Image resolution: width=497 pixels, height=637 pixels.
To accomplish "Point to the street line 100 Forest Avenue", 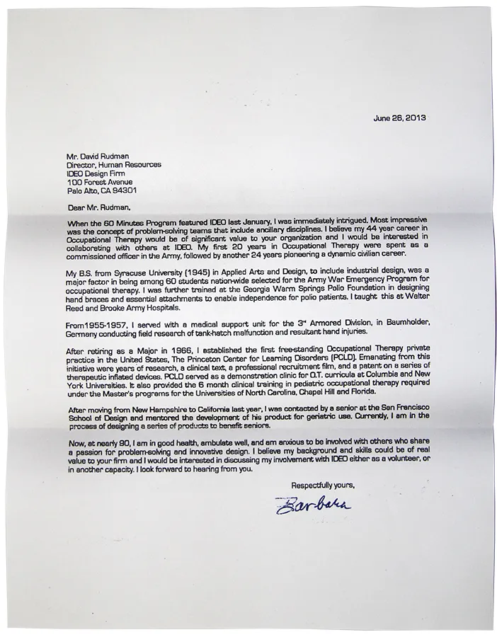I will coord(103,181).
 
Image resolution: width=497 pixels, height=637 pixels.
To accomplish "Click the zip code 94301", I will coord(124,190).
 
